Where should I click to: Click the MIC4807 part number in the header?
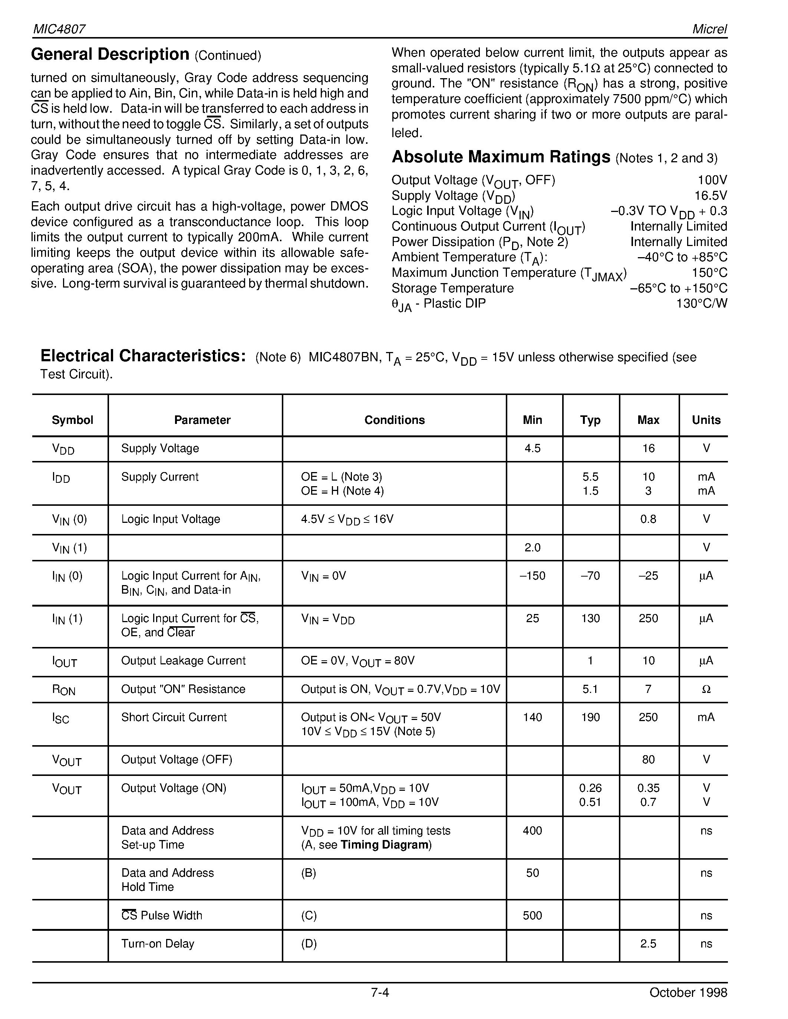tap(59, 29)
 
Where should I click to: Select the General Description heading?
tap(110, 54)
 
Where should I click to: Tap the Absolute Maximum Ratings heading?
tap(501, 157)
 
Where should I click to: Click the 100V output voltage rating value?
tap(712, 180)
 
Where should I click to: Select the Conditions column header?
tap(395, 420)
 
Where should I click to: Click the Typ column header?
tap(590, 420)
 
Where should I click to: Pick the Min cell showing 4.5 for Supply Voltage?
tap(532, 448)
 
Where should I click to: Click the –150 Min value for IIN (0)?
tap(532, 576)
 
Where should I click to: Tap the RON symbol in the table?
tap(63, 690)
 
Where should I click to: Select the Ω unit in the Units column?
tap(706, 689)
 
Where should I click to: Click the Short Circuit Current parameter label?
tap(174, 717)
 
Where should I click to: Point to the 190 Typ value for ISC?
tap(590, 717)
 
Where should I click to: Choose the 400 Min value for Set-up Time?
tap(532, 830)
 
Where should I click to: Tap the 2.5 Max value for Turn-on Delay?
tap(648, 943)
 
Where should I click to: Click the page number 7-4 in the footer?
tap(380, 992)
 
